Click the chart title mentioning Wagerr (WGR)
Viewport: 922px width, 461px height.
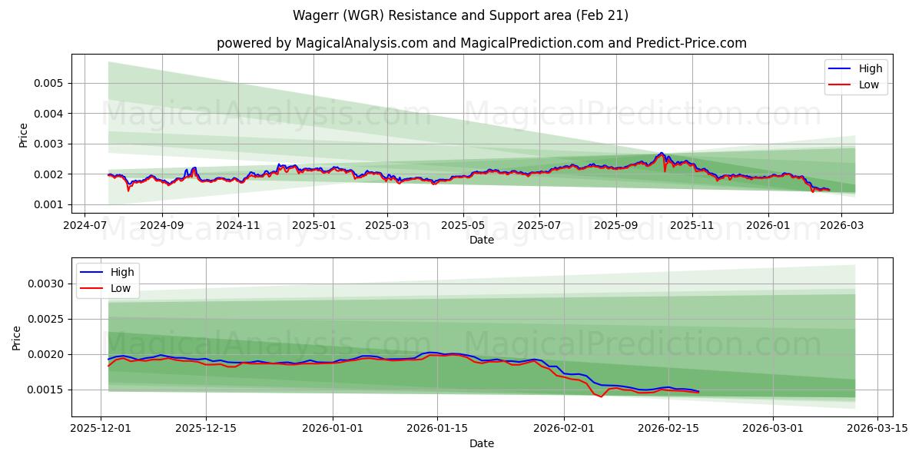[460, 15]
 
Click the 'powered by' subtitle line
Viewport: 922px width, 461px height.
[481, 43]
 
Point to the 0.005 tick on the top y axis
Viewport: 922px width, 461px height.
[50, 83]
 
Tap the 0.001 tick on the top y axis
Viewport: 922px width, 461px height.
[50, 204]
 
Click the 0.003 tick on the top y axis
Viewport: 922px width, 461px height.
[50, 144]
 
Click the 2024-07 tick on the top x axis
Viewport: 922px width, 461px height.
[86, 227]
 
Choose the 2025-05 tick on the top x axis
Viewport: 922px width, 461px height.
[463, 227]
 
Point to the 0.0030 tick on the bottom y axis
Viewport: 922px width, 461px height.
[47, 284]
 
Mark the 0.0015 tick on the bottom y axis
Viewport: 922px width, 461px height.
[47, 390]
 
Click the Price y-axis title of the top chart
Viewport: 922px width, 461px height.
[23, 135]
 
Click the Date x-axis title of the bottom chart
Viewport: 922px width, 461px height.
[481, 443]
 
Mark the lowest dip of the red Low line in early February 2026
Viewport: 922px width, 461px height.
[601, 396]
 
